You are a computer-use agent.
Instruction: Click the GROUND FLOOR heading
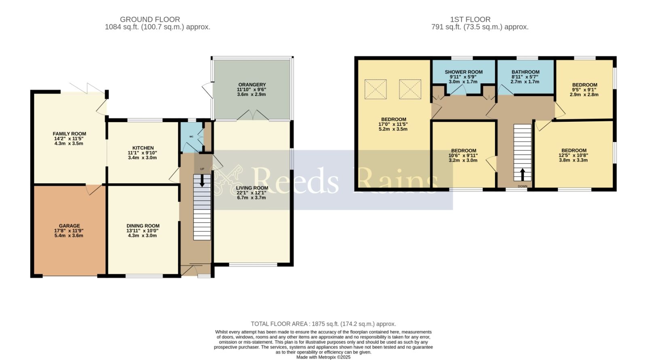tap(150, 19)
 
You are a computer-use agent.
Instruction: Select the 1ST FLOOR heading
tap(470, 19)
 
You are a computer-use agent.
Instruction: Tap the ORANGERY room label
tap(252, 85)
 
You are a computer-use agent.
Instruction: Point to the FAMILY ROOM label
tap(69, 134)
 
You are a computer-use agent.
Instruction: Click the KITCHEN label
tap(143, 148)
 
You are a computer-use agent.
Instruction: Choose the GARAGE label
tap(69, 226)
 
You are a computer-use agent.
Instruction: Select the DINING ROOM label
tap(143, 226)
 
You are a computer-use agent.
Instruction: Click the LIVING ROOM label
tap(252, 188)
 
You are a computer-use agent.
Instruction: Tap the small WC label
tap(191, 137)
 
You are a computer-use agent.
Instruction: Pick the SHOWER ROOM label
tap(463, 72)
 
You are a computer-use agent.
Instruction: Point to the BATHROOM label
tap(525, 72)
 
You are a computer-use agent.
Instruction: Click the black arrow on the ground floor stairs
tap(202, 180)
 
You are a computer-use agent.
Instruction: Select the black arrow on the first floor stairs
tap(522, 174)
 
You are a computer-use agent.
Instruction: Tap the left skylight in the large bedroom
tap(376, 89)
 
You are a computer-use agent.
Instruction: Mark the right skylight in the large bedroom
tap(410, 89)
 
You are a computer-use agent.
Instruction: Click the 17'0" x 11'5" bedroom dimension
tap(393, 124)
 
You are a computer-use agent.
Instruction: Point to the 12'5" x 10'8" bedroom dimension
tap(573, 155)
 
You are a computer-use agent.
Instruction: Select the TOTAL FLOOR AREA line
tap(323, 324)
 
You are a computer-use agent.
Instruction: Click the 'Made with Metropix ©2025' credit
tap(323, 357)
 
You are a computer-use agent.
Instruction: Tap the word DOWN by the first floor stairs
tap(522, 186)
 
